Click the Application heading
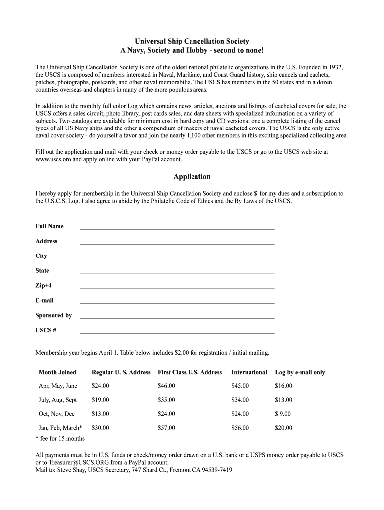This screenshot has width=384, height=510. (x=192, y=177)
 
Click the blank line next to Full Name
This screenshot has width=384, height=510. (x=177, y=228)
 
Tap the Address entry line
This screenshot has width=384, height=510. (x=177, y=243)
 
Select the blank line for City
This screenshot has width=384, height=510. (x=177, y=258)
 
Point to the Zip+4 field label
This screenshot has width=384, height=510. (x=43, y=286)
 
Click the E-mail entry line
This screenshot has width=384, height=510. (x=177, y=302)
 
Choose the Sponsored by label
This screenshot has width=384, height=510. (x=53, y=315)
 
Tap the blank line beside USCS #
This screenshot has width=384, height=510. (x=177, y=332)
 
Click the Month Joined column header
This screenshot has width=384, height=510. (x=57, y=372)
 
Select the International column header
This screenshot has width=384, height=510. (x=249, y=372)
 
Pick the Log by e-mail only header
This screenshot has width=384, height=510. (x=300, y=372)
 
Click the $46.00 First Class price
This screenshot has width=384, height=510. (x=166, y=386)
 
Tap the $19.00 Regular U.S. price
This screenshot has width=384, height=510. (x=100, y=400)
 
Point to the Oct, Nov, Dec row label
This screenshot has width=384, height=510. (x=56, y=414)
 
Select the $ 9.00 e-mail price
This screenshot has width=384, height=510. (x=283, y=414)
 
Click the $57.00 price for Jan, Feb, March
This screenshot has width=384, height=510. (x=166, y=428)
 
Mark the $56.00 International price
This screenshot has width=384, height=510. (x=240, y=428)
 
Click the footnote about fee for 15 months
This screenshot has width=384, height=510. (x=60, y=439)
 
